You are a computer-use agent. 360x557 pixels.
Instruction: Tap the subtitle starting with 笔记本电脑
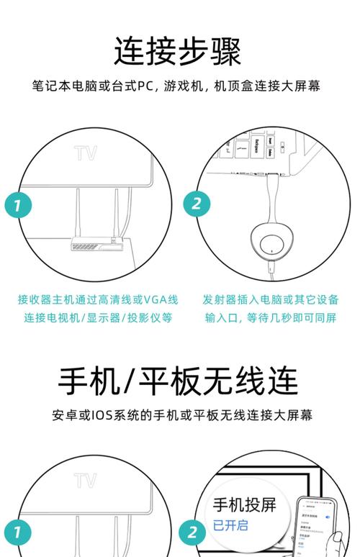click(x=176, y=86)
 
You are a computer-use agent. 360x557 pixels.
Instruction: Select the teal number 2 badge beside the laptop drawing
click(x=196, y=203)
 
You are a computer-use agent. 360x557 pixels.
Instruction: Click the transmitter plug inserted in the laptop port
click(x=271, y=175)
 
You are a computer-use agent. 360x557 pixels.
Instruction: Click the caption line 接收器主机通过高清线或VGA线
click(x=98, y=299)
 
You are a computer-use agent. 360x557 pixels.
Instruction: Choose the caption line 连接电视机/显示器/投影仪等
click(x=98, y=318)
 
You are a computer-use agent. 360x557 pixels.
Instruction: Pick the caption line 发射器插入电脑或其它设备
click(x=270, y=299)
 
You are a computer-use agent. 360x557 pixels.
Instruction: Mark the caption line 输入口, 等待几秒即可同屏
click(x=270, y=318)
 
